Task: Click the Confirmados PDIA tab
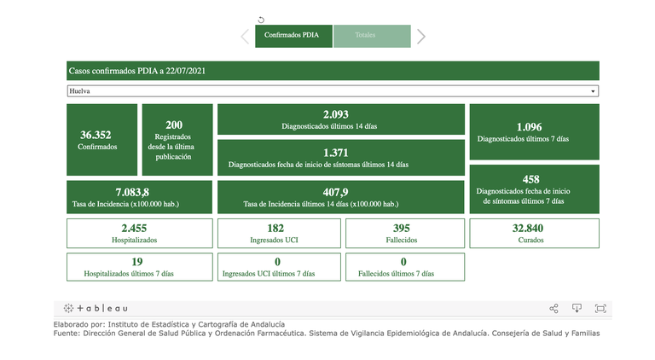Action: (292, 36)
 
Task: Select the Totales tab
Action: (365, 36)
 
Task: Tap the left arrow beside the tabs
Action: (246, 36)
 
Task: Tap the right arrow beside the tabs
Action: (420, 36)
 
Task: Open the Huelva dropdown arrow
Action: (593, 91)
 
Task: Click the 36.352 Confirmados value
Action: (96, 135)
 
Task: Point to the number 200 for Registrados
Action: (174, 125)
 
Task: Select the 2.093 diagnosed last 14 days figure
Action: (336, 114)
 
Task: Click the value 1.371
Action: (336, 152)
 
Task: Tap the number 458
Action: (530, 179)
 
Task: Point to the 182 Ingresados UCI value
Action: (275, 228)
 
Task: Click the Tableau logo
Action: (96, 308)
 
